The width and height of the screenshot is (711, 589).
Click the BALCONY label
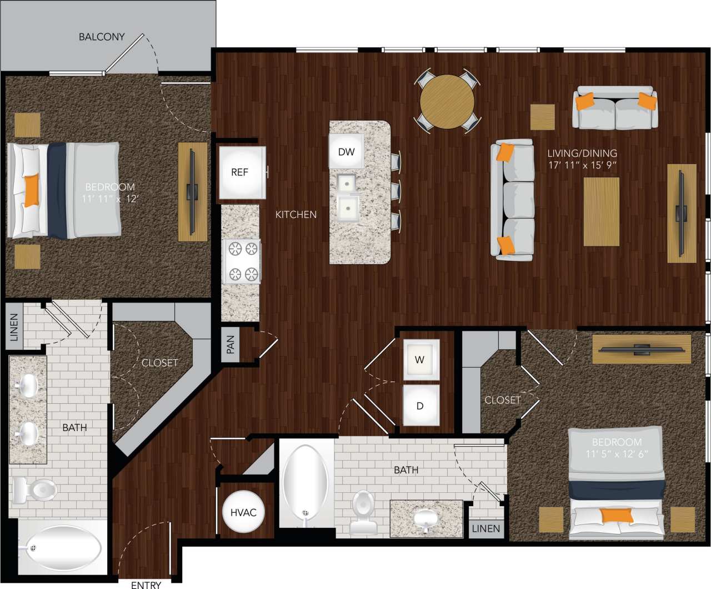pyautogui.click(x=102, y=37)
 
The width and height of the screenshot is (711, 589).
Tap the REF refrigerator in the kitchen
pyautogui.click(x=241, y=172)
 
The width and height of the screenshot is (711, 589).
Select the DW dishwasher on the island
pyautogui.click(x=346, y=152)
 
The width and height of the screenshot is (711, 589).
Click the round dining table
pyautogui.click(x=447, y=102)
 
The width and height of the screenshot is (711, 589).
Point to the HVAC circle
pyautogui.click(x=243, y=512)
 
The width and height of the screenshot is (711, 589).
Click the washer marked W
pyautogui.click(x=420, y=360)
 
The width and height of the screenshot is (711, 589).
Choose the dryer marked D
pyautogui.click(x=420, y=405)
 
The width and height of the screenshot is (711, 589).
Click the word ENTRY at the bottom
pyautogui.click(x=146, y=585)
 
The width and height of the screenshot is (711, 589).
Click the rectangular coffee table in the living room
pyautogui.click(x=601, y=211)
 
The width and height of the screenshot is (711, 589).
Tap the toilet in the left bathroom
pyautogui.click(x=36, y=490)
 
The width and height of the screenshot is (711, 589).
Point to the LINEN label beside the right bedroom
pyautogui.click(x=486, y=529)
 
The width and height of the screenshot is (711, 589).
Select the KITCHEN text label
pyautogui.click(x=296, y=215)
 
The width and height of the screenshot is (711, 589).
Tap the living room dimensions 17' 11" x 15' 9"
pyautogui.click(x=582, y=165)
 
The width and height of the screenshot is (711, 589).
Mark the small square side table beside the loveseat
pyautogui.click(x=543, y=117)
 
